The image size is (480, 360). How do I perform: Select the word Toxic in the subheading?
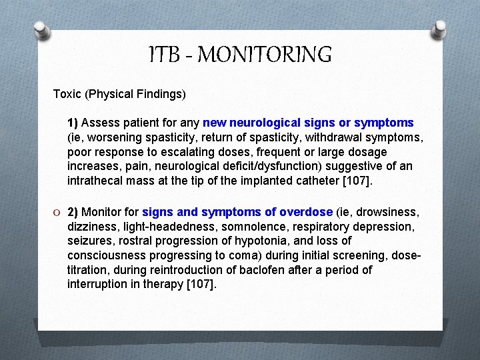[x=67, y=94]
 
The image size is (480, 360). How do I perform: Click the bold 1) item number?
[x=73, y=123]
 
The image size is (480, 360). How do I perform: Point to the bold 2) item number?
[x=73, y=213]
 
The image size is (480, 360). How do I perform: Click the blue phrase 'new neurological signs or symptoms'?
[x=308, y=123]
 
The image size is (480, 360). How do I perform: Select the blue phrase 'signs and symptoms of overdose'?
[x=237, y=213]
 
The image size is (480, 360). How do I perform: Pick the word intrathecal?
[x=93, y=181]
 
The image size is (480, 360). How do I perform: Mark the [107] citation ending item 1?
[x=357, y=181]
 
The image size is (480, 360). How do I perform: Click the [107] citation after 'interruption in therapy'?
[x=202, y=285]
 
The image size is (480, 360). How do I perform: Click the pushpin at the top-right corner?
[x=439, y=29]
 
